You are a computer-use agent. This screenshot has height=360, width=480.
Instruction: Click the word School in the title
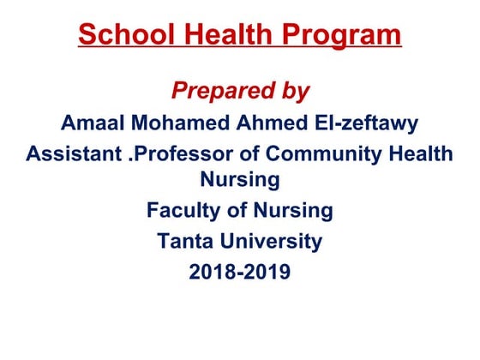click(x=123, y=35)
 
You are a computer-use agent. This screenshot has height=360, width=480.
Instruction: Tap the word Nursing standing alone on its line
click(x=239, y=179)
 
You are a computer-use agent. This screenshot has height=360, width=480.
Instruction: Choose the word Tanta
click(x=185, y=242)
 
